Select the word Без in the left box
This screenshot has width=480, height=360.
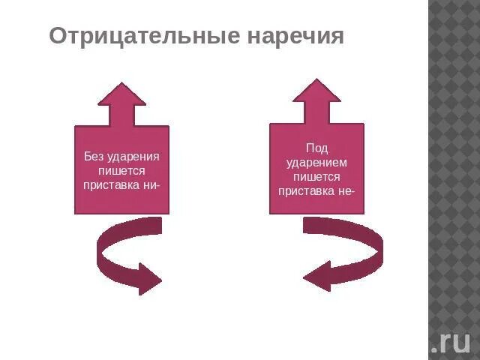pos(92,157)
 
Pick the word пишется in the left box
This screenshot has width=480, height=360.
pos(121,170)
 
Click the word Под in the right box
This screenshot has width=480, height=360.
pos(316,149)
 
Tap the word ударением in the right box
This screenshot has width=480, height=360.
pos(316,163)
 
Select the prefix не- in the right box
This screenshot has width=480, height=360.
pos(345,190)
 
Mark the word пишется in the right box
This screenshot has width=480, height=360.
pos(316,177)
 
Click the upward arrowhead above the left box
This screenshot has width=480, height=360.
pos(121,94)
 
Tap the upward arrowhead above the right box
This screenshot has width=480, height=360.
pos(316,91)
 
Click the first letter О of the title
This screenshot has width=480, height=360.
pos(57,37)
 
